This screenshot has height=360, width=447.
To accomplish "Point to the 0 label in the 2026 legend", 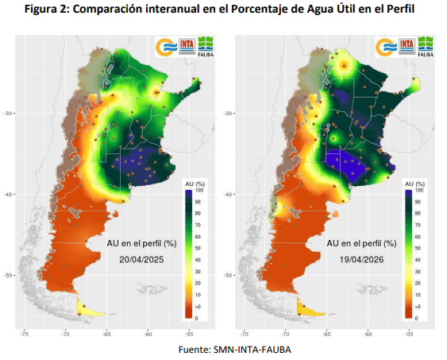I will coord(418,318).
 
